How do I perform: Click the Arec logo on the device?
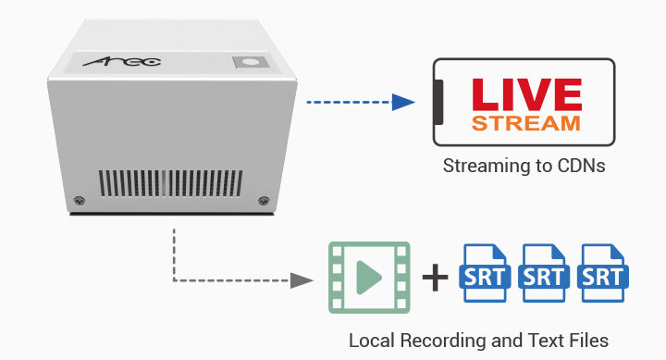(x=122, y=62)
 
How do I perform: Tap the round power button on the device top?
(x=251, y=63)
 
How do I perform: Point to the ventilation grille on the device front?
(x=171, y=183)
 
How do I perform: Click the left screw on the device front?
(x=79, y=200)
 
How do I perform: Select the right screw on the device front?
(x=264, y=200)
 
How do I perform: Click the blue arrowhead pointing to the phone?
(x=403, y=102)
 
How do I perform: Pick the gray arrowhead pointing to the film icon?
(x=302, y=280)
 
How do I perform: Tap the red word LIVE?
(x=526, y=94)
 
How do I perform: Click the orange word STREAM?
(x=525, y=123)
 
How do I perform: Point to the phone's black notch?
(x=438, y=102)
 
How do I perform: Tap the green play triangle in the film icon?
(x=369, y=278)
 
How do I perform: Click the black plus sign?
(x=435, y=278)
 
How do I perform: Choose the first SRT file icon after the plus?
(x=485, y=273)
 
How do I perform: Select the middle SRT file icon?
(x=544, y=273)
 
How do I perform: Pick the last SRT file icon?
(x=603, y=273)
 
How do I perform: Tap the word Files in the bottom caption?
(x=588, y=341)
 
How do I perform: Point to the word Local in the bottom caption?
(x=372, y=341)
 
